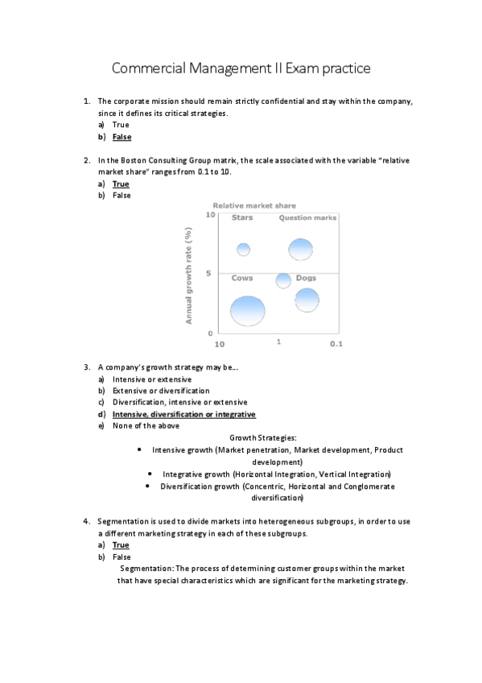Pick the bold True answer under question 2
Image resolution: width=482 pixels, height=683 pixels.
point(121,184)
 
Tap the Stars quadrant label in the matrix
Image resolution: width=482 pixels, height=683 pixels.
point(242,217)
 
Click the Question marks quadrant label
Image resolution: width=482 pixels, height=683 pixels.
point(307,217)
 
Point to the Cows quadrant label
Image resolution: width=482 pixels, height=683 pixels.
point(242,278)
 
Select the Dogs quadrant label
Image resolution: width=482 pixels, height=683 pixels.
point(306,278)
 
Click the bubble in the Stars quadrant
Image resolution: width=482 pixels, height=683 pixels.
point(243,249)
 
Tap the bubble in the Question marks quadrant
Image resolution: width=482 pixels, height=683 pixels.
point(301,250)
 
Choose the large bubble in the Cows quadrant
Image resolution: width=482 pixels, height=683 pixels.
point(248,310)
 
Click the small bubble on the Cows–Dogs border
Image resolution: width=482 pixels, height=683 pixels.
point(283,280)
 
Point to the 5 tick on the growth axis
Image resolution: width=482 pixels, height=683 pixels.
point(208,273)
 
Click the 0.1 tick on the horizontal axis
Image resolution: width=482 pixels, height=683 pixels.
point(336,344)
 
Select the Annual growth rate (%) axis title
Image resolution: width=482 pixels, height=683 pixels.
point(190,275)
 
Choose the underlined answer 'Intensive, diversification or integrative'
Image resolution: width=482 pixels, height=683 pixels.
point(184,414)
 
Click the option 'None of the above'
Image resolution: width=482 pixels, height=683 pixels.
point(146,425)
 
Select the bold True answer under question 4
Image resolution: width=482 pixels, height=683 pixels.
point(121,545)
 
